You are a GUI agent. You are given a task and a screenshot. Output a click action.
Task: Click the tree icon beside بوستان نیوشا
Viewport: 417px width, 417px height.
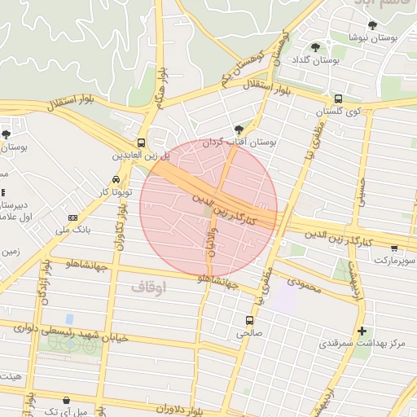(372, 25)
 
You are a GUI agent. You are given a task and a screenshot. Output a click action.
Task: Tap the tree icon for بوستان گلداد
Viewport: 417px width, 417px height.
(316, 46)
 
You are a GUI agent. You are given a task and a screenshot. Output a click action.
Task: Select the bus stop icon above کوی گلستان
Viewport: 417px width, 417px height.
(338, 99)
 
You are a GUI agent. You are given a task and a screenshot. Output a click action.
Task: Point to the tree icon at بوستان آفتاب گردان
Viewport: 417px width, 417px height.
(239, 129)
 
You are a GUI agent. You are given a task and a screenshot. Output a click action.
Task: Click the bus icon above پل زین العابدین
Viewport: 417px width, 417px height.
(142, 141)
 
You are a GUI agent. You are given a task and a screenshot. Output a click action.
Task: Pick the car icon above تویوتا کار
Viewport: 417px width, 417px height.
(116, 179)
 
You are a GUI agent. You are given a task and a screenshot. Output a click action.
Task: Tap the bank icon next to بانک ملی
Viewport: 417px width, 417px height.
(73, 217)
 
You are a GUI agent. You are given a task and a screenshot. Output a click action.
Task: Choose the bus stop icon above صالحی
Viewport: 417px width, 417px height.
(249, 319)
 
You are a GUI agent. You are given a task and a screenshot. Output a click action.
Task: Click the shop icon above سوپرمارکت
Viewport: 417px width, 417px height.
(394, 248)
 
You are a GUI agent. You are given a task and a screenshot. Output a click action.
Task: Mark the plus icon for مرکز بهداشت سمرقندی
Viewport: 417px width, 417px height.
(362, 331)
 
